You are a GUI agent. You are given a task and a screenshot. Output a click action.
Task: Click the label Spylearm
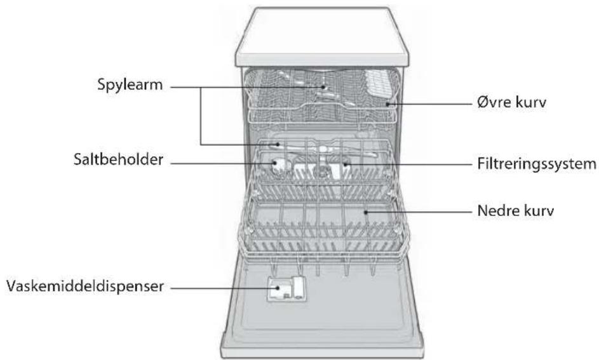pyautogui.click(x=130, y=85)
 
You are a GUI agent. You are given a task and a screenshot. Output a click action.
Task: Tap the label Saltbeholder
pyautogui.click(x=118, y=159)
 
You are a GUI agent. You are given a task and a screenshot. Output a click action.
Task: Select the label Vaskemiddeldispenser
pyautogui.click(x=85, y=286)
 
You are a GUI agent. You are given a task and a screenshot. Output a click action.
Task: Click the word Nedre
pyautogui.click(x=495, y=211)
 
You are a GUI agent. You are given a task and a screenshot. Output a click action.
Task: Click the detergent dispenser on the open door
pyautogui.click(x=286, y=289)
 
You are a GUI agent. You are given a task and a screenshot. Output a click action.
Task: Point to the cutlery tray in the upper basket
pyautogui.click(x=378, y=84)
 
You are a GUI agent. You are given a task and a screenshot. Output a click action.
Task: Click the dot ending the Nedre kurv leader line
pyautogui.click(x=366, y=211)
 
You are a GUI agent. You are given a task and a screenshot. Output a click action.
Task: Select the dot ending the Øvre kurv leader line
pyautogui.click(x=387, y=103)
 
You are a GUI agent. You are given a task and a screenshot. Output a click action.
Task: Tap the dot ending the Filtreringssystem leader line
pyautogui.click(x=345, y=164)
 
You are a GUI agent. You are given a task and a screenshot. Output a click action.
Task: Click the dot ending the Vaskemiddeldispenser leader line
pyautogui.click(x=278, y=288)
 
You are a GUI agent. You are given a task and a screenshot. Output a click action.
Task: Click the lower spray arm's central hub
pyautogui.click(x=323, y=149)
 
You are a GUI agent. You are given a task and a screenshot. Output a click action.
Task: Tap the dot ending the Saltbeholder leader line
pyautogui.click(x=274, y=163)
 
